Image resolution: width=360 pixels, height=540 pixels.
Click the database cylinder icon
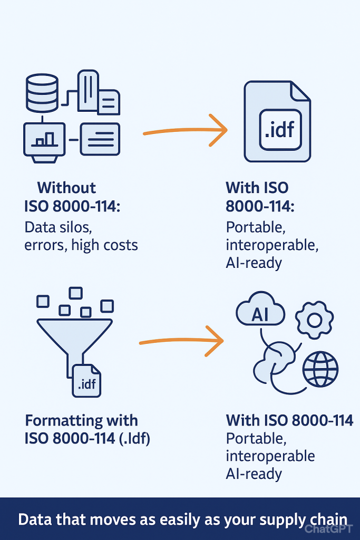(x=42, y=93)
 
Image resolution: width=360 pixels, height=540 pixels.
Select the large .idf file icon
(x=277, y=121)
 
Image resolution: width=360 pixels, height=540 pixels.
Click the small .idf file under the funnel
(x=86, y=381)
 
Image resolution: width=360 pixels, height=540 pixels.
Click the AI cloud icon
(x=260, y=309)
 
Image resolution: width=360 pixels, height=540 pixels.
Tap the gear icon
(x=314, y=320)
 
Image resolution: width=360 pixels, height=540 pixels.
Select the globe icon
(x=320, y=369)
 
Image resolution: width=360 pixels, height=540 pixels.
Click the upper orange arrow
(x=185, y=130)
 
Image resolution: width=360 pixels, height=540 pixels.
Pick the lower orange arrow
(x=181, y=341)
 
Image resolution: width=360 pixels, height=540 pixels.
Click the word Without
(x=66, y=188)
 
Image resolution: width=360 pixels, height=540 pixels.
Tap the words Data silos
(x=58, y=227)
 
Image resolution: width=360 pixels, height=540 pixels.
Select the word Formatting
(x=63, y=421)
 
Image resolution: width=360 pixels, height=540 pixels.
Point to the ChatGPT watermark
(x=329, y=528)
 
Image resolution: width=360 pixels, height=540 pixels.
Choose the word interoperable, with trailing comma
(x=272, y=245)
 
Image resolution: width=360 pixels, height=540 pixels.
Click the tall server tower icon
(x=88, y=91)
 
